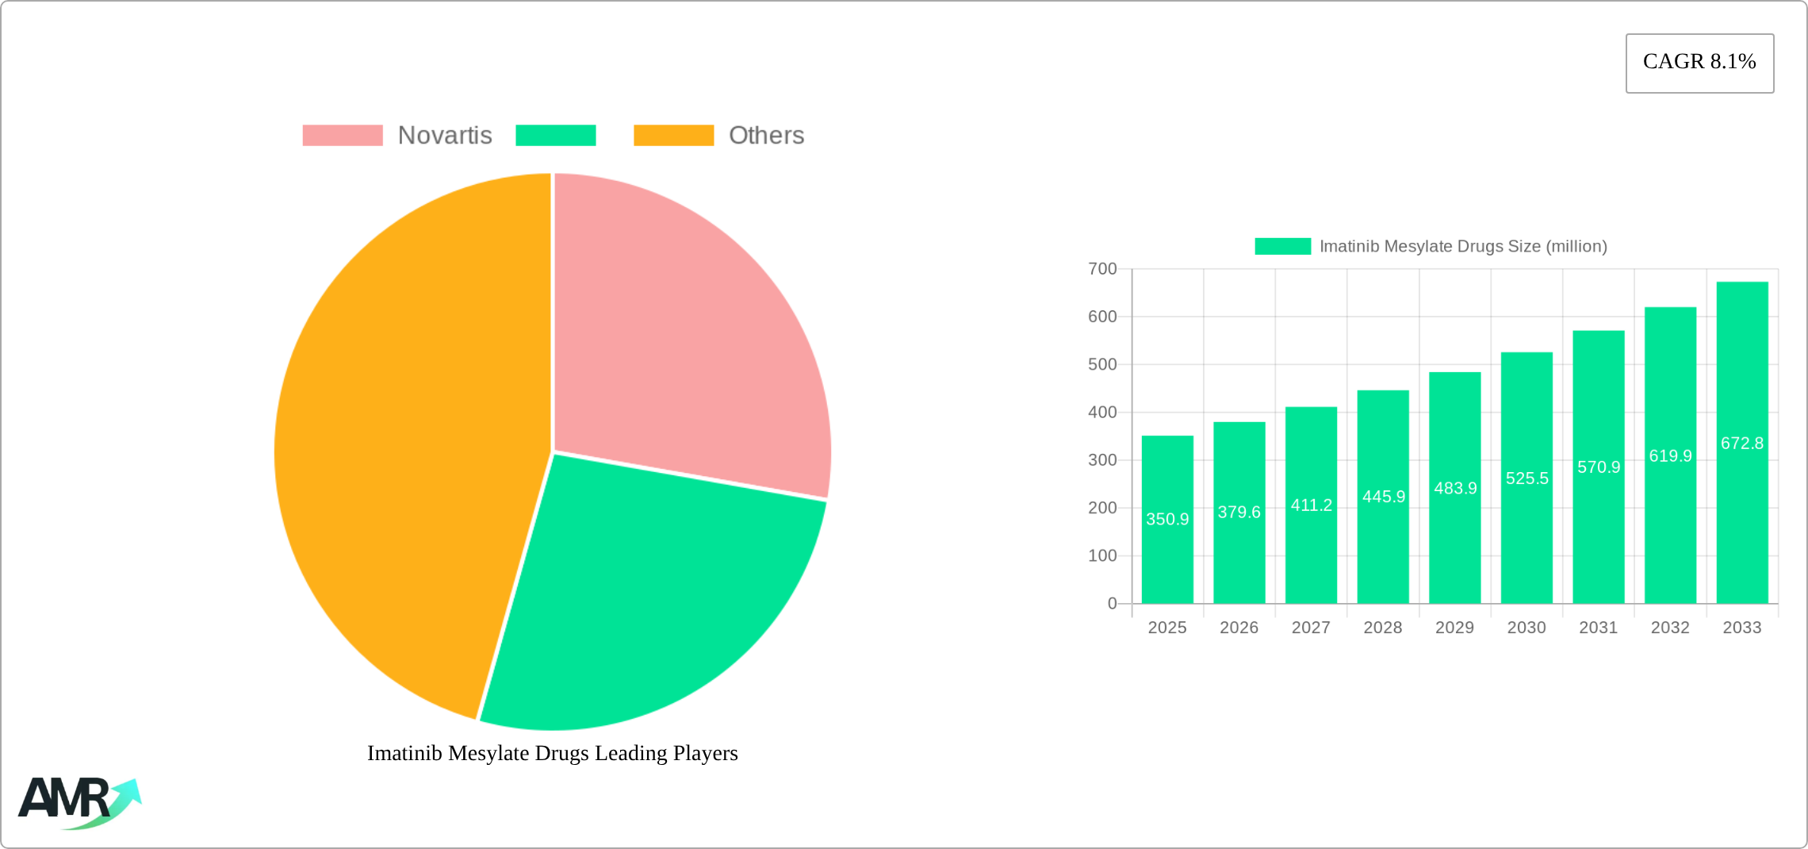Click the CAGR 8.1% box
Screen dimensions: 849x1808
pyautogui.click(x=1699, y=63)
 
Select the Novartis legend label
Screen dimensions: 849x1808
pyautogui.click(x=445, y=136)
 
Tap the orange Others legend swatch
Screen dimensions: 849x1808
pyautogui.click(x=673, y=136)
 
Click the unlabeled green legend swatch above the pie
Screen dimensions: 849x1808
pyautogui.click(x=555, y=136)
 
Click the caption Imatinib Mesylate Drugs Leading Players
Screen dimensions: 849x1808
pyautogui.click(x=552, y=753)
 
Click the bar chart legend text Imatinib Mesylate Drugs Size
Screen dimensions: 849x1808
pyautogui.click(x=1462, y=247)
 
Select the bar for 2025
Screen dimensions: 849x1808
pyautogui.click(x=1167, y=555)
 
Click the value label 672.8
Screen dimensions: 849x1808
pyautogui.click(x=1741, y=444)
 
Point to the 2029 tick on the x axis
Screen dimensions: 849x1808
pyautogui.click(x=1454, y=628)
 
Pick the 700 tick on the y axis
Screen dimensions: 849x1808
pyautogui.click(x=1102, y=269)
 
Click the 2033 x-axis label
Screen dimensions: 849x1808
pyautogui.click(x=1741, y=628)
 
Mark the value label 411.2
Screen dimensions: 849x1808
pyautogui.click(x=1311, y=505)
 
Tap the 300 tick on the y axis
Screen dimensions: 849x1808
pyautogui.click(x=1102, y=460)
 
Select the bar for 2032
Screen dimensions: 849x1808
pyautogui.click(x=1670, y=540)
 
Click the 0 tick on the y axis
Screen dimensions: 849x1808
pyautogui.click(x=1112, y=604)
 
